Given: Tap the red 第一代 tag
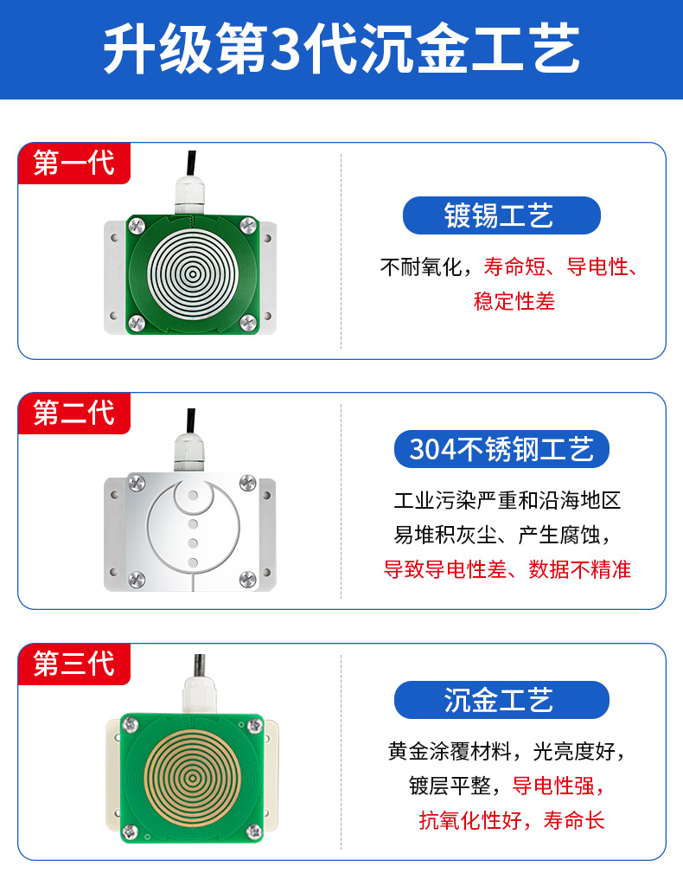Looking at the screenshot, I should [73, 163].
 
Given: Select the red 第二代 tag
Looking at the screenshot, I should [73, 413].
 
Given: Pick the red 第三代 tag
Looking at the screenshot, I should [73, 664].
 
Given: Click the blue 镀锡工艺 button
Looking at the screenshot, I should [501, 215].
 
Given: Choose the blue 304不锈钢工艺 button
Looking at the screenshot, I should [501, 450].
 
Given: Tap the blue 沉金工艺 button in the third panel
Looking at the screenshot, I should [501, 700].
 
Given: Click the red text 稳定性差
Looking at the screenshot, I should [514, 301].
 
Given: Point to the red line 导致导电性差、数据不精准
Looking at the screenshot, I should [507, 568].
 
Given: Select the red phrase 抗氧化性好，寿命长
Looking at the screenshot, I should [512, 819].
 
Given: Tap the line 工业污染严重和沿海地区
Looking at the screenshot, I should [507, 500].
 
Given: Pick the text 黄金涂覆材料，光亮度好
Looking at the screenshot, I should [501, 750].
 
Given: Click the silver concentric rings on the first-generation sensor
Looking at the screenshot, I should [192, 275].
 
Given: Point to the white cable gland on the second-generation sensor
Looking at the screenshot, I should [191, 450].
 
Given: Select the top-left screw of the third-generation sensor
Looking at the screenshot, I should [132, 722].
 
